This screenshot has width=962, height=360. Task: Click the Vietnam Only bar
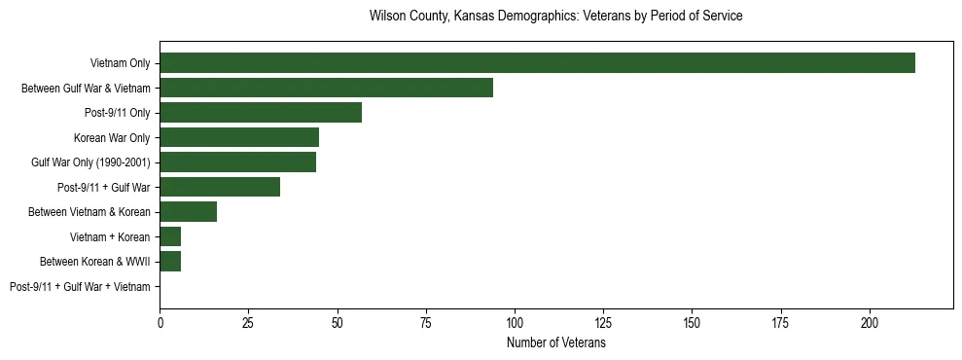[537, 63]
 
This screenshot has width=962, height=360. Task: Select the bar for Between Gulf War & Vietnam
[326, 88]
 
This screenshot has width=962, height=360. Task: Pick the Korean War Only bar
[239, 137]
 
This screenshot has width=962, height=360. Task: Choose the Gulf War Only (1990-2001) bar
[237, 162]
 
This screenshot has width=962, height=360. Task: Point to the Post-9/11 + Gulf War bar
[220, 187]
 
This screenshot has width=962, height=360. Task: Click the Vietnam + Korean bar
[170, 236]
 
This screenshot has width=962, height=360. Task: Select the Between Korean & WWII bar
[170, 262]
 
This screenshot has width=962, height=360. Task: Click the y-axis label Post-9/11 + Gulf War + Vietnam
[80, 287]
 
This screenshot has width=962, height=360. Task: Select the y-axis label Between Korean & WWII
[94, 262]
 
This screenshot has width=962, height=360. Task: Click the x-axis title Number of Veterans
[556, 342]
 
